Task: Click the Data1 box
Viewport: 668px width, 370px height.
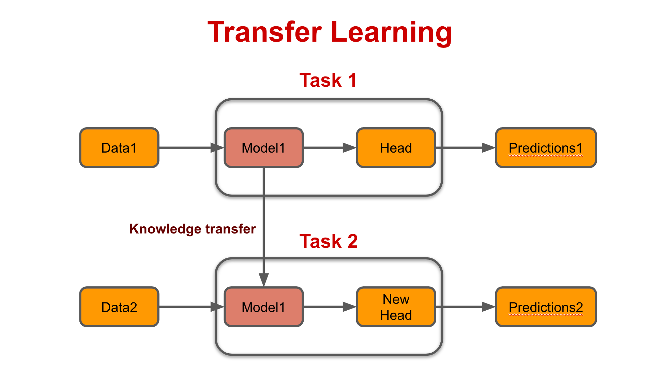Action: [x=119, y=148]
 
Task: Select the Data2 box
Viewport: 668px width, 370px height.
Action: [x=119, y=307]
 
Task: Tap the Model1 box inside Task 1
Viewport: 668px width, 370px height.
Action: [x=264, y=148]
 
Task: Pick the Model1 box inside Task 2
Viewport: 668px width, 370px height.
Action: [x=264, y=307]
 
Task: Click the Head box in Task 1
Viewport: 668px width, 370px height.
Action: [x=396, y=148]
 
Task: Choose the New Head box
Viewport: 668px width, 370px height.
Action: [x=396, y=307]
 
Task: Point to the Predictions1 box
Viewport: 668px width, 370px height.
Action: [x=546, y=148]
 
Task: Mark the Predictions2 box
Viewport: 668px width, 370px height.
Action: [x=546, y=307]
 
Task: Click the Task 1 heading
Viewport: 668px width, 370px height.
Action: [x=328, y=80]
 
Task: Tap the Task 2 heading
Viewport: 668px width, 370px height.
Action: [x=329, y=241]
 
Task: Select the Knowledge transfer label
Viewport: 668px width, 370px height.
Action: [x=193, y=229]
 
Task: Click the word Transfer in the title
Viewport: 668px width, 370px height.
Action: [x=265, y=32]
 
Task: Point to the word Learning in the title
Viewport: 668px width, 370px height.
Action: [x=391, y=32]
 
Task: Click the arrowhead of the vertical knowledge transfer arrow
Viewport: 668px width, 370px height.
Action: [x=264, y=280]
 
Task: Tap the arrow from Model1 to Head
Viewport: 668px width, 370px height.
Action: [x=330, y=148]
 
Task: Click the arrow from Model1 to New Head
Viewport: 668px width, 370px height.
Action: [x=330, y=307]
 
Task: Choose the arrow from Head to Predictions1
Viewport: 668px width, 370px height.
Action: [x=466, y=148]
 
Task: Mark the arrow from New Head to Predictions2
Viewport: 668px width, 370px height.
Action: [x=466, y=307]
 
